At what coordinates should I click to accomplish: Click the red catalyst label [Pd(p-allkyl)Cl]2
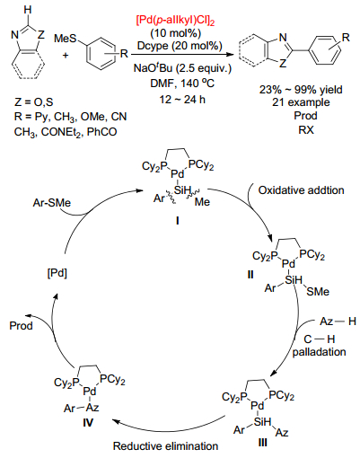[x=175, y=21]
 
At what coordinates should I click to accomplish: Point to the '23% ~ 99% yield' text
[x=301, y=90]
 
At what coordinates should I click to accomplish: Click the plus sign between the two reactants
[x=66, y=55]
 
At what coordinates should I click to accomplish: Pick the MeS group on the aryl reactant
[x=66, y=39]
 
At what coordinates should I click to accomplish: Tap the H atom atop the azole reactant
[x=28, y=10]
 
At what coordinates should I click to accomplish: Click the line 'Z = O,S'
[x=33, y=102]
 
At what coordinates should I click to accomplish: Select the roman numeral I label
[x=178, y=221]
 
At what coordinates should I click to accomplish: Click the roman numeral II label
[x=250, y=274]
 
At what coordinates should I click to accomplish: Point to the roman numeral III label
[x=262, y=442]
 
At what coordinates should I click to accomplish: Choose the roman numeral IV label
[x=88, y=422]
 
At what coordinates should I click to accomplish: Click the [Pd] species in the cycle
[x=57, y=273]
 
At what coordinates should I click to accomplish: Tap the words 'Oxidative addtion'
[x=301, y=190]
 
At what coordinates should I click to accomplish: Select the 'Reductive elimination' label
[x=165, y=446]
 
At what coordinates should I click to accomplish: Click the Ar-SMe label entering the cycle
[x=52, y=203]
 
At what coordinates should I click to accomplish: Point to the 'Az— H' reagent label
[x=338, y=321]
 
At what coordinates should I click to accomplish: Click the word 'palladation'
[x=319, y=352]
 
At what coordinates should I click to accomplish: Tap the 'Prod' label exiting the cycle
[x=21, y=325]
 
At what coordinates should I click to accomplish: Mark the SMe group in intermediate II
[x=318, y=291]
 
